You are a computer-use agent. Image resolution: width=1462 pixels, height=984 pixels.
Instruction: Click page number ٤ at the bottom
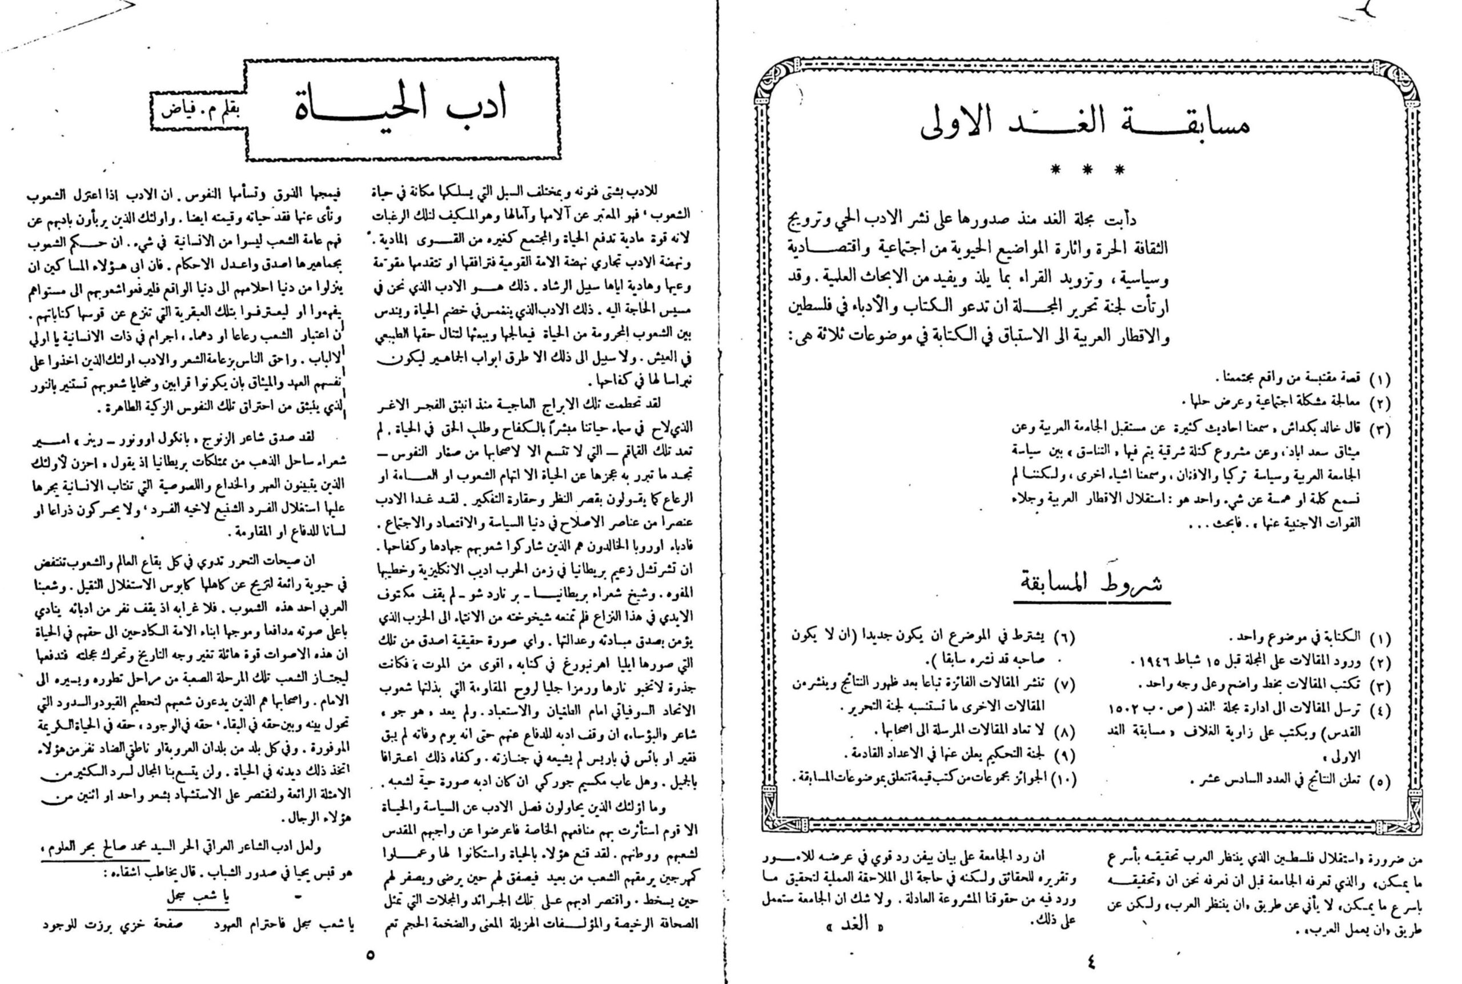click(1092, 960)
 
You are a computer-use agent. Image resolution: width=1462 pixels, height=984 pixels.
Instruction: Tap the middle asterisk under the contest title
click(1089, 170)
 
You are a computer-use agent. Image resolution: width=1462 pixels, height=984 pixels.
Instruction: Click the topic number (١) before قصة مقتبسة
click(1379, 379)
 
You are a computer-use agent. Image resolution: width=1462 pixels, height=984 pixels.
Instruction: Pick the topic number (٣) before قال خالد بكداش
click(1379, 431)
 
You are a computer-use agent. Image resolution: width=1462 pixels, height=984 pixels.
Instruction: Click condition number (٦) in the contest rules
click(1063, 638)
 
